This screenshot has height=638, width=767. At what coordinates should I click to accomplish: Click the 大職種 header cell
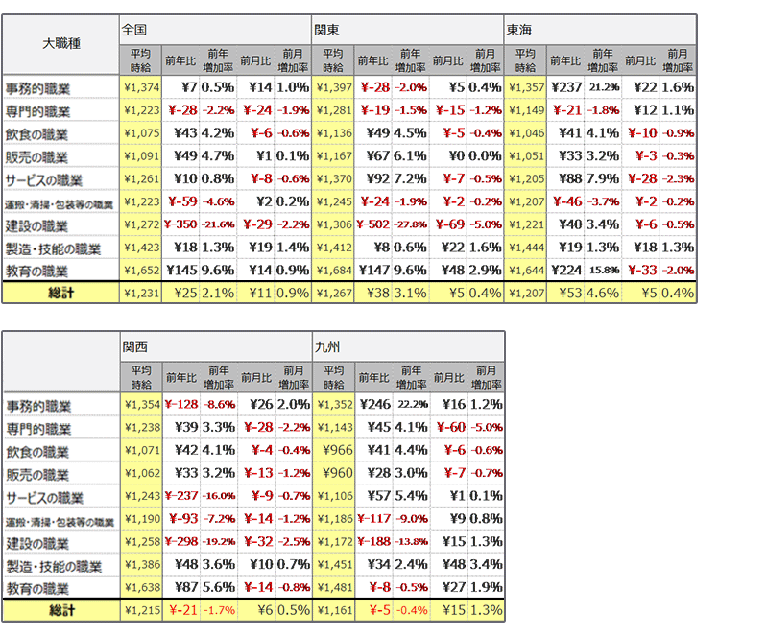tap(60, 44)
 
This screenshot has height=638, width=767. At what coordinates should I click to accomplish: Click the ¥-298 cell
tap(180, 543)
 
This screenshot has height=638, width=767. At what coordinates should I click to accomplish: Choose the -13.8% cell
tap(411, 543)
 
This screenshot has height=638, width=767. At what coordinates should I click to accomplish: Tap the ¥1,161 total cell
tap(333, 610)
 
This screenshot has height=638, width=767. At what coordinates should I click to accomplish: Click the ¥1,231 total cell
tap(140, 293)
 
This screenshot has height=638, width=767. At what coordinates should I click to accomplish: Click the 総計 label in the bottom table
tap(60, 610)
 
